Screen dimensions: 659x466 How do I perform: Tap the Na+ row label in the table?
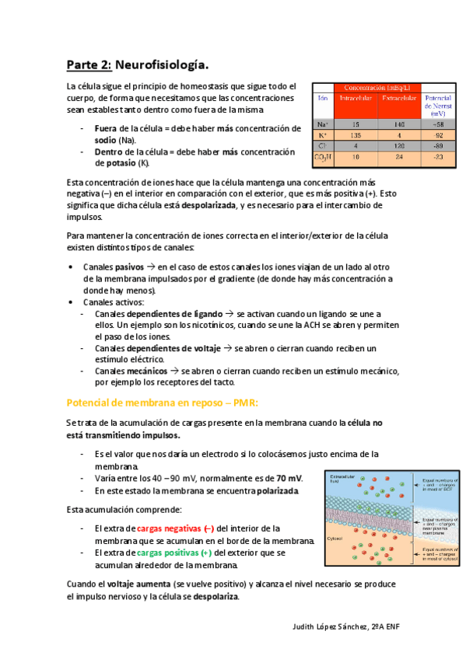click(323, 124)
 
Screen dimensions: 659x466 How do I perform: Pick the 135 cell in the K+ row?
click(356, 134)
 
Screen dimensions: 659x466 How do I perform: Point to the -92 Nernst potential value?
click(438, 134)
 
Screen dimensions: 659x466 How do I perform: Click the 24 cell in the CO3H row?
click(400, 158)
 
